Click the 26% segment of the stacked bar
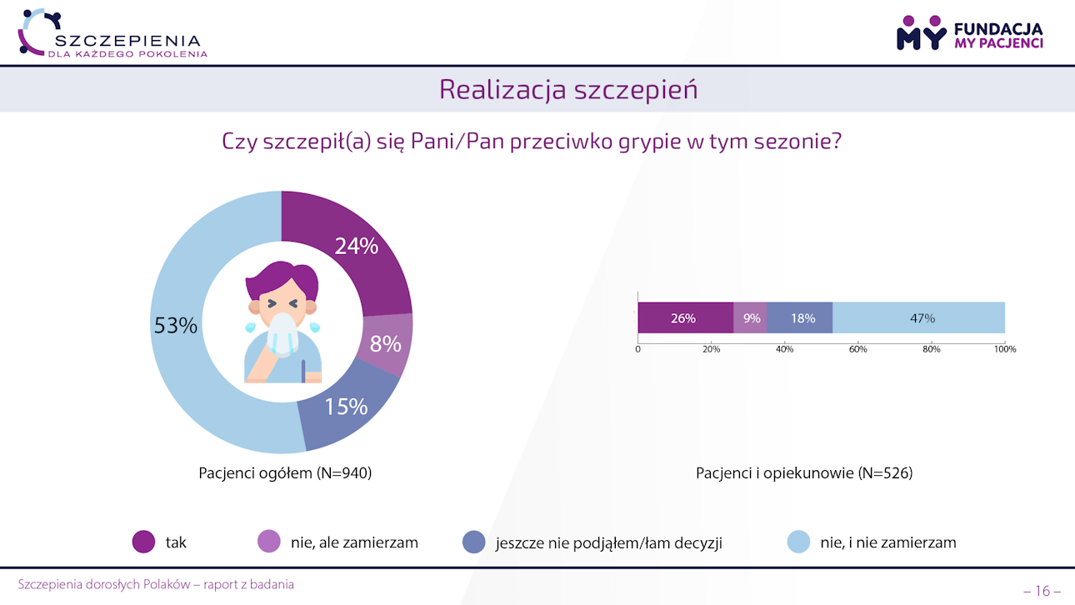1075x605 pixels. [x=684, y=318]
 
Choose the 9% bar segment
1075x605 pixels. [x=751, y=318]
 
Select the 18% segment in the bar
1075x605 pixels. [x=802, y=318]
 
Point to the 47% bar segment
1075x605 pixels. [x=921, y=318]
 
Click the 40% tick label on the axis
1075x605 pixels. [x=784, y=349]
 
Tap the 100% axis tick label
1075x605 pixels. [x=1005, y=349]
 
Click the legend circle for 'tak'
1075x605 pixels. [x=144, y=542]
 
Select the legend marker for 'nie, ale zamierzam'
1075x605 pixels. [x=269, y=542]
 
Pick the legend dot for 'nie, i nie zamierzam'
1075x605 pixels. [x=798, y=542]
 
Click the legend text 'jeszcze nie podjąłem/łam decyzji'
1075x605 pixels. [x=608, y=543]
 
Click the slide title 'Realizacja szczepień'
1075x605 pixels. [x=568, y=90]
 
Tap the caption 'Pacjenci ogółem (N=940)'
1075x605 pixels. [x=285, y=473]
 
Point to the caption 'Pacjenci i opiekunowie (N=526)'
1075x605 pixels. [x=804, y=473]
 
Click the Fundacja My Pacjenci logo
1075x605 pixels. [x=969, y=33]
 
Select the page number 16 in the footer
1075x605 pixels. [x=1042, y=591]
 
